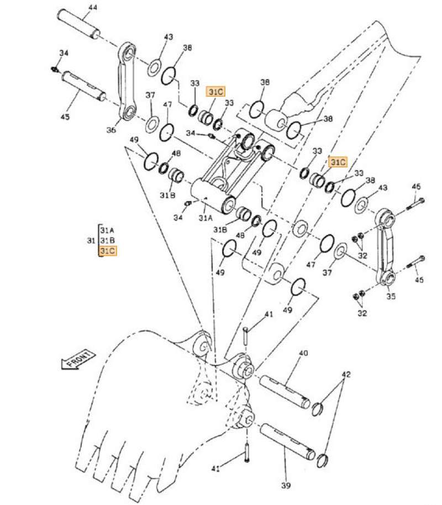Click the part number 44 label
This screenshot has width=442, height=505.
click(x=92, y=7)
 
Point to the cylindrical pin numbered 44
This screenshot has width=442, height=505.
click(x=81, y=25)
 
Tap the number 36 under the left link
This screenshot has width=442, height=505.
click(x=111, y=130)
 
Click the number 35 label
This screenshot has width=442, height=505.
click(x=391, y=296)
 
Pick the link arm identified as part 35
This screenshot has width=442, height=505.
click(x=385, y=245)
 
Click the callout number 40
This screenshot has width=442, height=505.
click(x=303, y=353)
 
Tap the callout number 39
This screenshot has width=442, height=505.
click(x=285, y=486)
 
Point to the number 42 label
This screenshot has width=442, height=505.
click(x=346, y=374)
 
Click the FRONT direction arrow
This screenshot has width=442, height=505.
click(x=77, y=361)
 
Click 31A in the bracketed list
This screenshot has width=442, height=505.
click(x=107, y=230)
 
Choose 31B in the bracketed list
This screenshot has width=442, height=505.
click(x=107, y=240)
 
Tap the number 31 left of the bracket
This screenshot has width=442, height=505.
click(x=92, y=240)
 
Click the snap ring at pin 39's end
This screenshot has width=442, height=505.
click(x=324, y=458)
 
